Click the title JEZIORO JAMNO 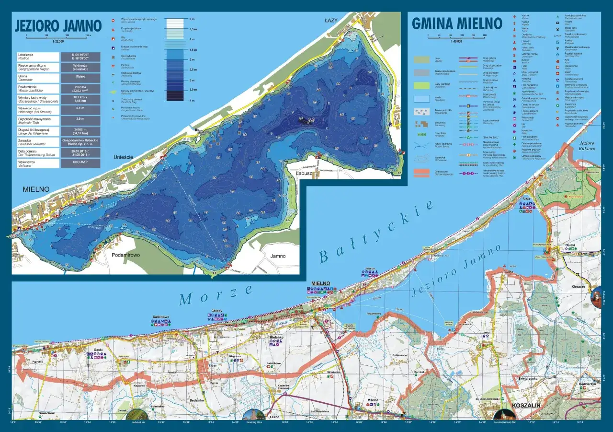tap(58, 25)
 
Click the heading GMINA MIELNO tap(457, 23)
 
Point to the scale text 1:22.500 tap(58, 40)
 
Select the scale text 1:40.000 tap(457, 41)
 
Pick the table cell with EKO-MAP tap(80, 163)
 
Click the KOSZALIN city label tap(526, 405)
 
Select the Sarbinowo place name tap(161, 317)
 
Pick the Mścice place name tap(373, 399)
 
